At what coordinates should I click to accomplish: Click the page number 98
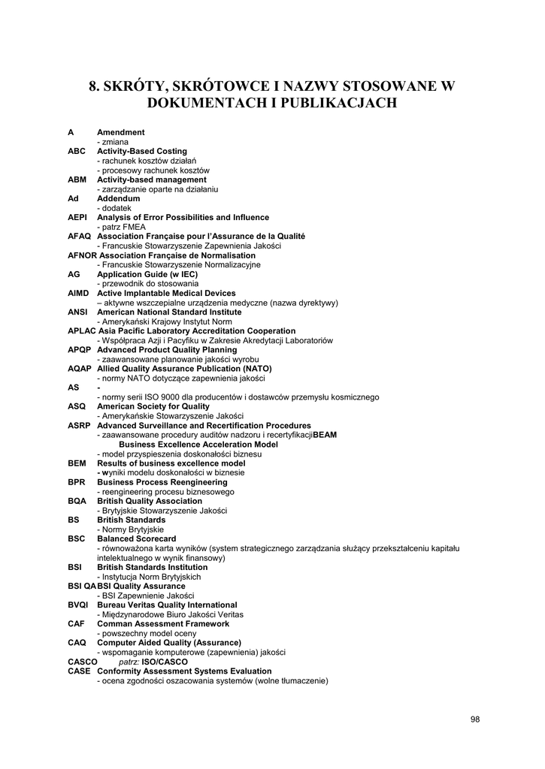coord(474,719)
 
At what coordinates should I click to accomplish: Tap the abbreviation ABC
coord(77,151)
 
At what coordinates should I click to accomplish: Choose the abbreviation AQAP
coord(79,369)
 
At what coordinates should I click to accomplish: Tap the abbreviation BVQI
coord(78,605)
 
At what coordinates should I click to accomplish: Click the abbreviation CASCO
coord(82,662)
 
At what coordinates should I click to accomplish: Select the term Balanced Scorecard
coord(136,538)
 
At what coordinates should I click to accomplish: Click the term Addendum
coord(119,198)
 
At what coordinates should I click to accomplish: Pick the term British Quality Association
coord(150,501)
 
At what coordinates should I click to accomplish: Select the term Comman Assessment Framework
coord(163,623)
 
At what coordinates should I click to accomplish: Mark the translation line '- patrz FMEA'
coord(122,227)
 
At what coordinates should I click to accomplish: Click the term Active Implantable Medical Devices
coord(166,293)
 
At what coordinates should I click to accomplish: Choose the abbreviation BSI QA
coord(82,586)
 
